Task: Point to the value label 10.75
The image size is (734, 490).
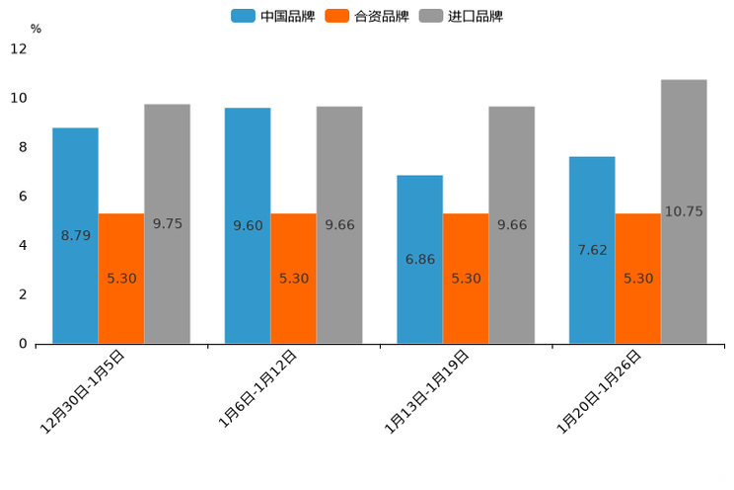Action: pyautogui.click(x=684, y=211)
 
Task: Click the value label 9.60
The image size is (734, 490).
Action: pyautogui.click(x=248, y=226)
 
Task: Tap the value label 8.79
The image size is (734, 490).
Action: pyautogui.click(x=76, y=235)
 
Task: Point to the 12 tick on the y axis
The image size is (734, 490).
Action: pyautogui.click(x=19, y=48)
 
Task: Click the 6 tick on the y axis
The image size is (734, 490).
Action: pyautogui.click(x=23, y=197)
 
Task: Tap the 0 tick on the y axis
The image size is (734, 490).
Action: pyautogui.click(x=23, y=344)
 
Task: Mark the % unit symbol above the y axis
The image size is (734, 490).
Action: pyautogui.click(x=36, y=29)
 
